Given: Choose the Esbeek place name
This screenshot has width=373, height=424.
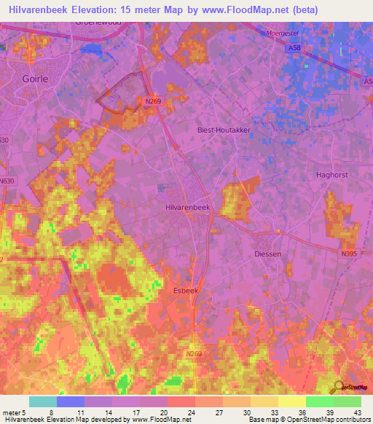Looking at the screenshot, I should (x=185, y=290).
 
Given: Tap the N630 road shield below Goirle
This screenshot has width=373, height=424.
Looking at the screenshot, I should (x=7, y=180).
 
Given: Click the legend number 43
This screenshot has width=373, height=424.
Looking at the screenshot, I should (x=358, y=412).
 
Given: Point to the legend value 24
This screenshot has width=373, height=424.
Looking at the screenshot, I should (x=190, y=412).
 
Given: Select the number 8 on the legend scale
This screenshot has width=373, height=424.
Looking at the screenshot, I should (x=51, y=412).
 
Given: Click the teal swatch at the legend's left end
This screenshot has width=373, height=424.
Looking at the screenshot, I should (x=42, y=401).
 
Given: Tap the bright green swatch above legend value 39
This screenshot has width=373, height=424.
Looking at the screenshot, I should (x=319, y=401).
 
